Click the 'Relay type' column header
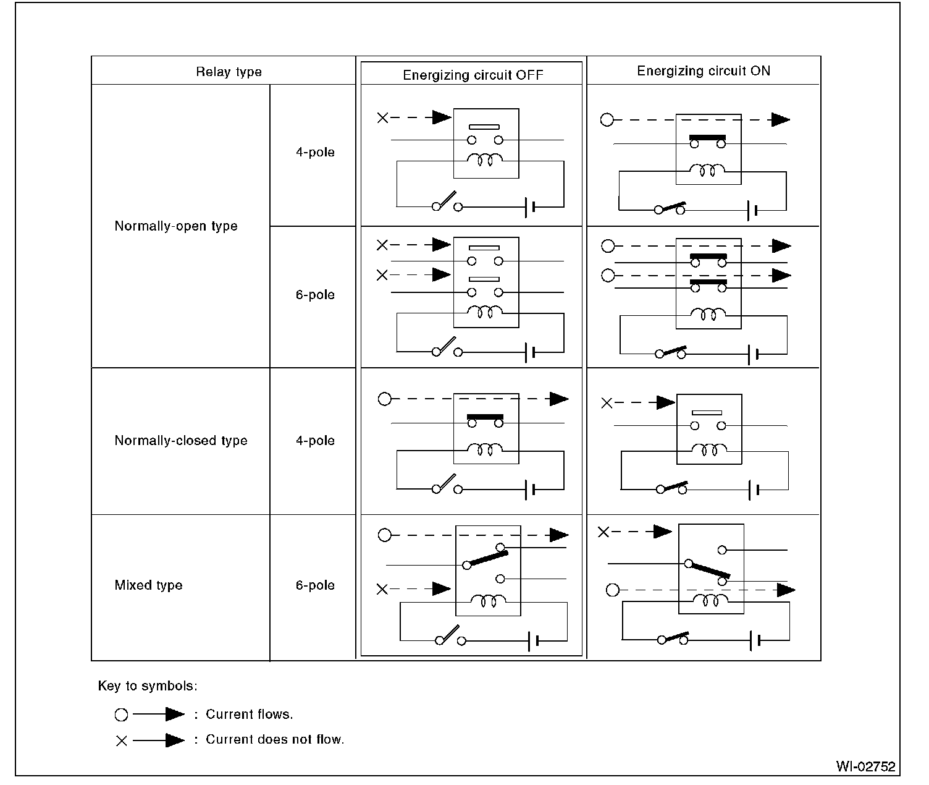click(x=229, y=72)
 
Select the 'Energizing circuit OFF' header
click(x=473, y=75)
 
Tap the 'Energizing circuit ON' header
click(x=704, y=71)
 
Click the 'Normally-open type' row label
click(x=176, y=226)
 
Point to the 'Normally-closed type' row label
click(x=181, y=441)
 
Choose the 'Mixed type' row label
click(x=148, y=585)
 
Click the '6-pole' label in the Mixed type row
click(x=315, y=585)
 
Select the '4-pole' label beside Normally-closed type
click(x=315, y=441)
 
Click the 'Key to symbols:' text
click(x=148, y=686)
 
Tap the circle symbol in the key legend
click(x=121, y=715)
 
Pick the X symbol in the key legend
click(x=121, y=740)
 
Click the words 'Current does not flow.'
click(x=275, y=740)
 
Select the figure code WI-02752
click(x=865, y=767)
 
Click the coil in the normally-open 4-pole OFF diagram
click(x=486, y=161)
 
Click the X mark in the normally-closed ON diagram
click(x=607, y=403)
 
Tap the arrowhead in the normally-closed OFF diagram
click(x=559, y=399)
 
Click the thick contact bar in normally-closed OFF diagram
click(x=486, y=417)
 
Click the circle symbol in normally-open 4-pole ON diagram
click(x=607, y=120)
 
